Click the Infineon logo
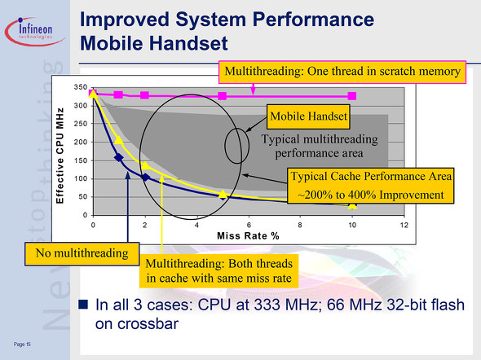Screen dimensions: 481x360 34,31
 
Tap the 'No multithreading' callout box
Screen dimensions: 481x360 82,253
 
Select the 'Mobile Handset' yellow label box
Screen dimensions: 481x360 308,116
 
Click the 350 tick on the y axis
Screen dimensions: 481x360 81,87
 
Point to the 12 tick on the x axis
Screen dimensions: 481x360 404,225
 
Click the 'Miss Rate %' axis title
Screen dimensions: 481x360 248,236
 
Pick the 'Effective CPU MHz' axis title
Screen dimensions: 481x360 60,156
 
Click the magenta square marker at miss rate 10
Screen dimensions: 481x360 352,96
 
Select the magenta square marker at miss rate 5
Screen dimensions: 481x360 222,96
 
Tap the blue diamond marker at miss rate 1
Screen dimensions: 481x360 119,157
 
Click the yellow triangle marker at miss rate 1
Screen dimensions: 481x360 119,140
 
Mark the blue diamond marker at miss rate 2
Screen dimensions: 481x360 145,177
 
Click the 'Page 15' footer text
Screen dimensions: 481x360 22,345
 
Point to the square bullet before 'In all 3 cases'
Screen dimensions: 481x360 83,305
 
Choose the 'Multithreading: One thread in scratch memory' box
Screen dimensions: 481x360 342,72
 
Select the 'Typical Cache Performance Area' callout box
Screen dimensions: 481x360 371,186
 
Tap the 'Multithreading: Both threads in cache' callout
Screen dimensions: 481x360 218,271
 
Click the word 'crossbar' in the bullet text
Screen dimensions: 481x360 137,324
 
